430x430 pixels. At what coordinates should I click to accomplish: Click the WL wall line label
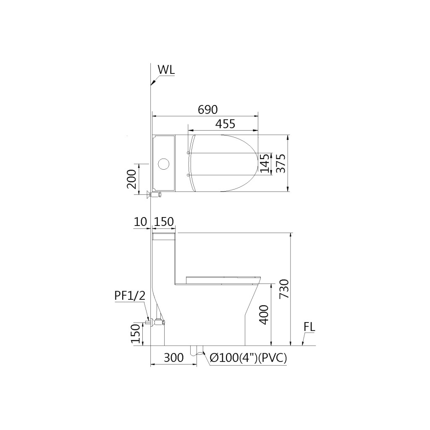166,70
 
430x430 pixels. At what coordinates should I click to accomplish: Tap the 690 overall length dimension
208,110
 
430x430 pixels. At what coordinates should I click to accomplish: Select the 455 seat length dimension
225,124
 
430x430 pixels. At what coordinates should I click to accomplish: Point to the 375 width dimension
281,163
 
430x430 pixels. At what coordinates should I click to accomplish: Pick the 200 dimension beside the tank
131,179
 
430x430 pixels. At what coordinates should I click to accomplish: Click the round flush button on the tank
163,164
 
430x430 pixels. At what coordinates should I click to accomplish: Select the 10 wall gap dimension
140,222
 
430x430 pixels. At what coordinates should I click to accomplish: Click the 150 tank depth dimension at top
164,222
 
